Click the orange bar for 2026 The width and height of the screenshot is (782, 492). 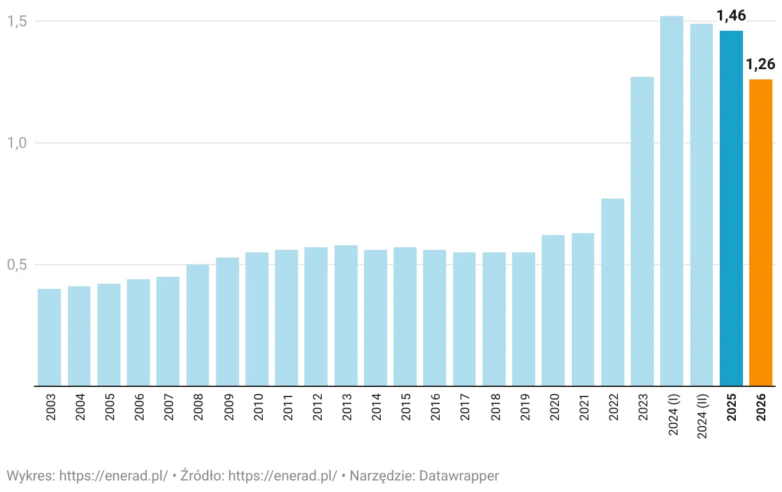761,233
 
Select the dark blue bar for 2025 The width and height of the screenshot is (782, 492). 731,208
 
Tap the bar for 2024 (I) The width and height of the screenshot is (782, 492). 672,201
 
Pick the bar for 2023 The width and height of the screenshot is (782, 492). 642,231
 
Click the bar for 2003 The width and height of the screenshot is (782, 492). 49,337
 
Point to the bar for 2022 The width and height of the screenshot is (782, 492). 613,292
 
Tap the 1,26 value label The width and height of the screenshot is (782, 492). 761,64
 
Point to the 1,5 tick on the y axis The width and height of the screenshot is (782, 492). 16,21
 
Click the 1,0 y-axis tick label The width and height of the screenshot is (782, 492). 16,143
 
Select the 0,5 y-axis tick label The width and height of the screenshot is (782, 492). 16,265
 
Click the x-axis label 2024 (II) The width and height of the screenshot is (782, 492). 702,416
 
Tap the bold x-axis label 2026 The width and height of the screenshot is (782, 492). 761,407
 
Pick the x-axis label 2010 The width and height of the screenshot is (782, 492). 258,407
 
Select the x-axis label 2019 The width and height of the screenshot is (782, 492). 524,407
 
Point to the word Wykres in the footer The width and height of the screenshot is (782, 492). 29,476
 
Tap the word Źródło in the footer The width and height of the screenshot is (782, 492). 201,476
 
